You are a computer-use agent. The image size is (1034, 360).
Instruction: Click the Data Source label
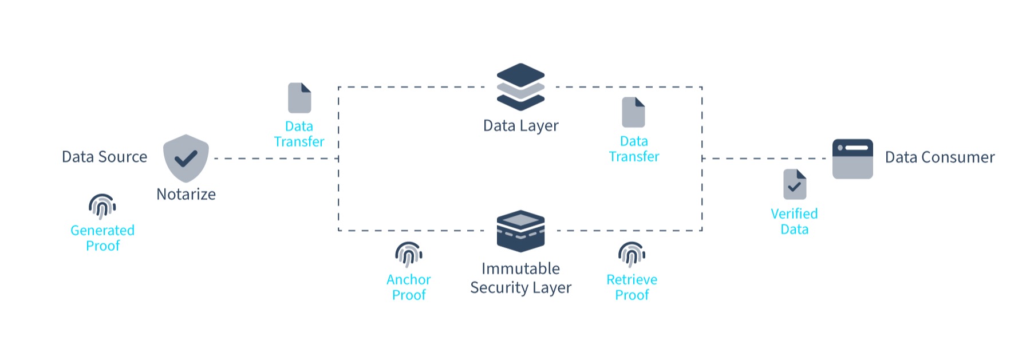point(104,157)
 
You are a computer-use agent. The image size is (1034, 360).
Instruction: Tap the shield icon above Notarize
point(186,158)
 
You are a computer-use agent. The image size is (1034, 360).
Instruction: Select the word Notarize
point(186,195)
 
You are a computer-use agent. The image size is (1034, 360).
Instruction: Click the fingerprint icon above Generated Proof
point(102,206)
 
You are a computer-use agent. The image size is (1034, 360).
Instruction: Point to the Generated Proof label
point(102,238)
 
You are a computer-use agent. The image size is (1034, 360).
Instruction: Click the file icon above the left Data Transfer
point(299,98)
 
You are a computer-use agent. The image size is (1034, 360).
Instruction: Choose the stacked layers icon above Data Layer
point(520,86)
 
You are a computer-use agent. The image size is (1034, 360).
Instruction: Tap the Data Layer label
point(520,126)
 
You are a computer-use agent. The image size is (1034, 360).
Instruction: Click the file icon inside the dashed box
point(633,112)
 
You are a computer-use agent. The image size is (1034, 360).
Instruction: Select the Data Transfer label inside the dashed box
point(634,149)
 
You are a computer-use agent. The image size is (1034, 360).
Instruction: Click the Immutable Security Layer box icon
point(520,231)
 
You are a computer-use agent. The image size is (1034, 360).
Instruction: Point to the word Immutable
point(520,268)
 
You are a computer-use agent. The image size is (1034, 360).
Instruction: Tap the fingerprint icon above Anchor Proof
point(409,254)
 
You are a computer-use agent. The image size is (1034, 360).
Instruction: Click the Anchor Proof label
point(409,287)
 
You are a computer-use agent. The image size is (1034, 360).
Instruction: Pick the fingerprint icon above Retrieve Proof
point(632,254)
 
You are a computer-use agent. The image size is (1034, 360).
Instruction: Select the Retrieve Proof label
point(632,287)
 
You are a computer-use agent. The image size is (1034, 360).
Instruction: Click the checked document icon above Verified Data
point(795,184)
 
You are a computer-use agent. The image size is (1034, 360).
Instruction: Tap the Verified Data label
point(794,221)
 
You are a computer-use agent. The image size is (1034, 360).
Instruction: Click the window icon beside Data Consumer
point(853,159)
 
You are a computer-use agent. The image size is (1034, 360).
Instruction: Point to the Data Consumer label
point(940,157)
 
